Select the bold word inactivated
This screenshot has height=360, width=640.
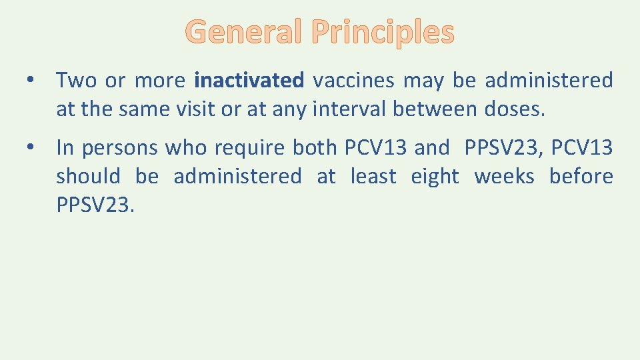pos(249,81)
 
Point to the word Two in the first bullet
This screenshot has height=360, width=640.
pos(76,81)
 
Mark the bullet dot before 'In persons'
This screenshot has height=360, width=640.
pos(31,148)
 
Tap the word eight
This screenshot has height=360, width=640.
pos(435,177)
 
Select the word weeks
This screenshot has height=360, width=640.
pos(504,177)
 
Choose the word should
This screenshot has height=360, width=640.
pos(89,177)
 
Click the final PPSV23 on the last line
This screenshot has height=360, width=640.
pos(95,206)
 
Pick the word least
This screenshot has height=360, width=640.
pos(373,177)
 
